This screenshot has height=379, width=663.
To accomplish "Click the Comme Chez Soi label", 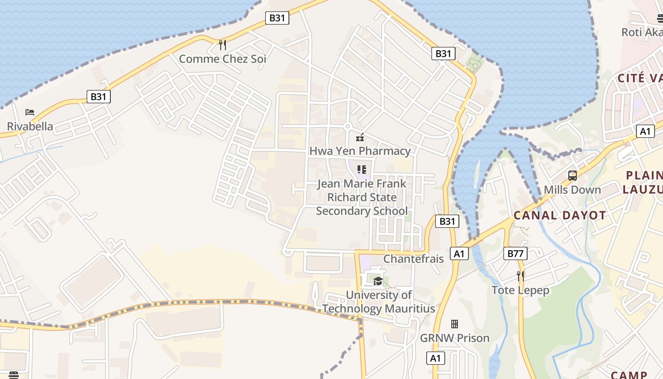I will click(222, 59).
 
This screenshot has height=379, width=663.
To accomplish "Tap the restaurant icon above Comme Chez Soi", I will click(222, 45).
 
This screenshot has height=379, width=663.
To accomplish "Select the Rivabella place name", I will click(30, 126).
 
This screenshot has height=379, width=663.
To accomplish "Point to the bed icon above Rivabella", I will click(30, 112).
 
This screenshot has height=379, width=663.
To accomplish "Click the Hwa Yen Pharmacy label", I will click(360, 151).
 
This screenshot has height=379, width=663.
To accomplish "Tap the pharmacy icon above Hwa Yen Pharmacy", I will click(360, 137).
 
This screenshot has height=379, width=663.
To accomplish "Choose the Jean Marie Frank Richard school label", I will click(362, 197).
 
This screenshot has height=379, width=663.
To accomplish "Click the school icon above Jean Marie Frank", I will click(362, 169).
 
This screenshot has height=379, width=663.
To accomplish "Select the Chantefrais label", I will click(413, 259).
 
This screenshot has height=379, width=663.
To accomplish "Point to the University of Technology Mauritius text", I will click(378, 302).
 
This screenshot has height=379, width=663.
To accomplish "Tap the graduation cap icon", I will click(377, 281).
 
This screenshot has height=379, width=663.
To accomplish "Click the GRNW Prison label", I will click(455, 338).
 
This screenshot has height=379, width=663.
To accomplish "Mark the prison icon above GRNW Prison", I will click(455, 324).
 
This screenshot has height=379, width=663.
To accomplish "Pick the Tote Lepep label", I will click(520, 290).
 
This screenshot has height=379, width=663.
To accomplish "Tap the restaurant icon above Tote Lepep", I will click(520, 276).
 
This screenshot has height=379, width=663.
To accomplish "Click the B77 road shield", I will click(515, 253).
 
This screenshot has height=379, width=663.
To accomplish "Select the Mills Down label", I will click(572, 190).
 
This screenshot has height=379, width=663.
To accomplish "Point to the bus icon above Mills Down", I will click(572, 176).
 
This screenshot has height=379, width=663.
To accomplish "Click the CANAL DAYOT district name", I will click(560, 216).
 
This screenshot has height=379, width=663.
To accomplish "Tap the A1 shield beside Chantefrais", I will click(459, 253).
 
